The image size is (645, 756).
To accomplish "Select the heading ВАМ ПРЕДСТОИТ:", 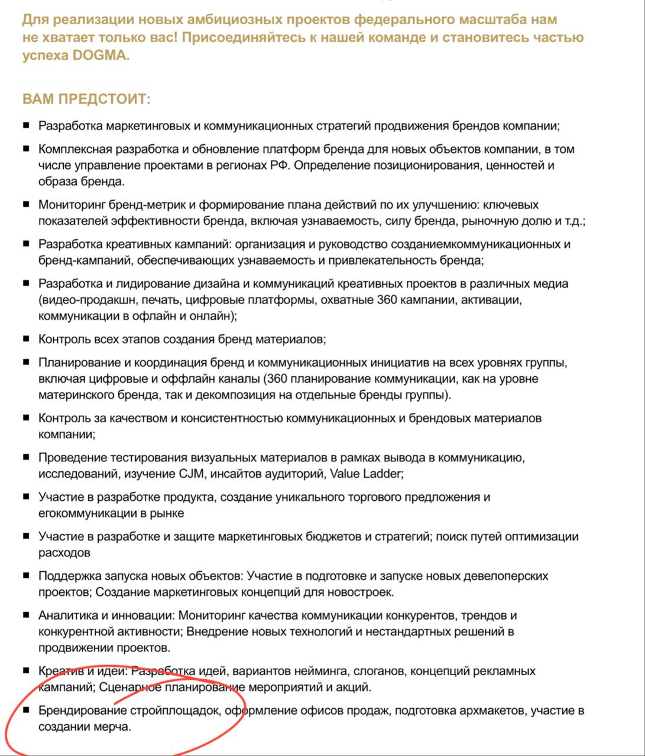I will click(x=86, y=99).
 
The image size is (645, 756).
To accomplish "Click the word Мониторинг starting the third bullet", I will click(x=73, y=205).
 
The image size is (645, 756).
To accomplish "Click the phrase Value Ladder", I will click(x=365, y=474).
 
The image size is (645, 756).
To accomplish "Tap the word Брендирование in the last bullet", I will click(x=82, y=711).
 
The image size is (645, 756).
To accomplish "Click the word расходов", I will click(x=64, y=553).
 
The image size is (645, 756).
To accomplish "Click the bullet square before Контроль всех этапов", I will click(x=26, y=339).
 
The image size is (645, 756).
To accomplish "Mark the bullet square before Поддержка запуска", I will click(x=26, y=575).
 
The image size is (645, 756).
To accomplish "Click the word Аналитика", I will click(x=67, y=615).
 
